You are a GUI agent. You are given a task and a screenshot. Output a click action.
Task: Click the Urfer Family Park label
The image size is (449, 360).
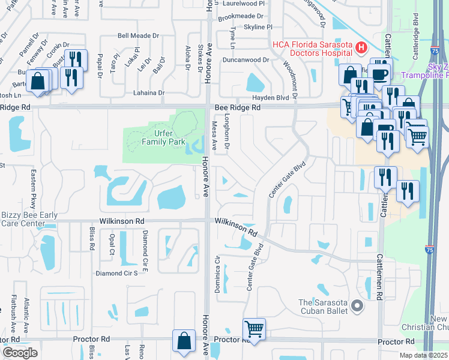click(x=147, y=137)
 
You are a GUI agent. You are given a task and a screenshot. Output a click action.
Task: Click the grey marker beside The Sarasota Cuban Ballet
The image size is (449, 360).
click(x=358, y=307)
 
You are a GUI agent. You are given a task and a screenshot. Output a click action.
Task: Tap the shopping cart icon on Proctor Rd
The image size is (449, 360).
click(x=254, y=329)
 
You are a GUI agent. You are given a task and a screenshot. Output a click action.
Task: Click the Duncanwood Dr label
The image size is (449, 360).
click(x=245, y=60)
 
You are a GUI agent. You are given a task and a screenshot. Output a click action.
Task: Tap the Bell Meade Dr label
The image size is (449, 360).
click(x=138, y=36)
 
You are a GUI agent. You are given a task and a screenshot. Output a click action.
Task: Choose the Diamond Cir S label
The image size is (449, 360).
click(x=117, y=273)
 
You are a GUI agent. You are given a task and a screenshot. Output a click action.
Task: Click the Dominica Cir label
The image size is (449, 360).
click(x=218, y=275)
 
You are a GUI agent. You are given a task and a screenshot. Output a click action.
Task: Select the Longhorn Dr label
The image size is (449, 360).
click(x=228, y=138)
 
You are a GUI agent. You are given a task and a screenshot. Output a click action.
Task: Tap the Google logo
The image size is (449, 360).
click(x=20, y=353)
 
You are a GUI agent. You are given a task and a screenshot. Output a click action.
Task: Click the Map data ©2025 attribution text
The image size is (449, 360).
click(x=424, y=355)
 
